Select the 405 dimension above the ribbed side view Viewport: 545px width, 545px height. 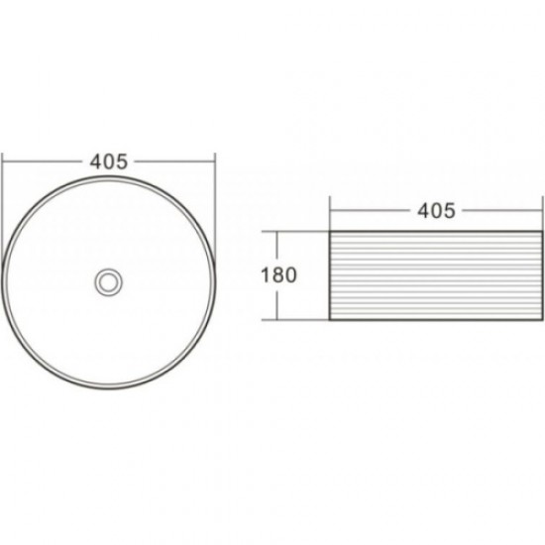tap(436, 211)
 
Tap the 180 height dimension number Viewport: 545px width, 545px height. tap(278, 275)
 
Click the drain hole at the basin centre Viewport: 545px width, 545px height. tap(107, 282)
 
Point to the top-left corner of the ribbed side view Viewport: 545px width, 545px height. tap(330, 232)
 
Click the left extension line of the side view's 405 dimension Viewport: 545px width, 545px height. tap(330, 218)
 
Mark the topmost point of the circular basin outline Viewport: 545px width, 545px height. tap(108, 176)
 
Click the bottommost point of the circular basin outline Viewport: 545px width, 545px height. tap(108, 389)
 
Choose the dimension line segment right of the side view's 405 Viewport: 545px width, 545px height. tap(500, 211)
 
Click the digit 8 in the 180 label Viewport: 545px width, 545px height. tap(278, 275)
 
